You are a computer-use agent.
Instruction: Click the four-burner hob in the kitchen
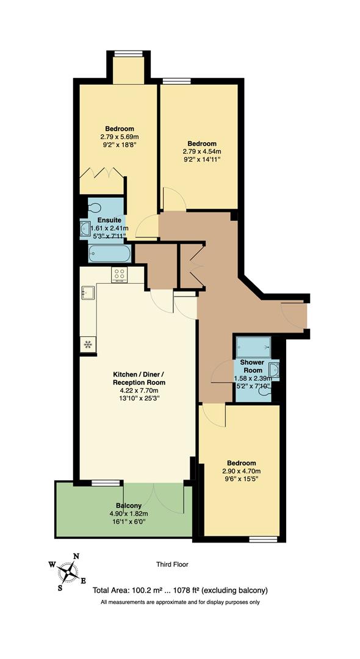tap(120, 275)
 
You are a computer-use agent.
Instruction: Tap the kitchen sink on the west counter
tap(88, 293)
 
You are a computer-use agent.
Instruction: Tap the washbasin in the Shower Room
tap(274, 370)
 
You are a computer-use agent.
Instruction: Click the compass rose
tap(68, 572)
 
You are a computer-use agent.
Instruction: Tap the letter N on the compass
tap(76, 556)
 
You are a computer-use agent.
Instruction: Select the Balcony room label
tap(129, 506)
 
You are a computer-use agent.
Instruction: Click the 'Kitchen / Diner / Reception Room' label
tap(139, 378)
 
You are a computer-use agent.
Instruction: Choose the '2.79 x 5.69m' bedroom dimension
tap(120, 137)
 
